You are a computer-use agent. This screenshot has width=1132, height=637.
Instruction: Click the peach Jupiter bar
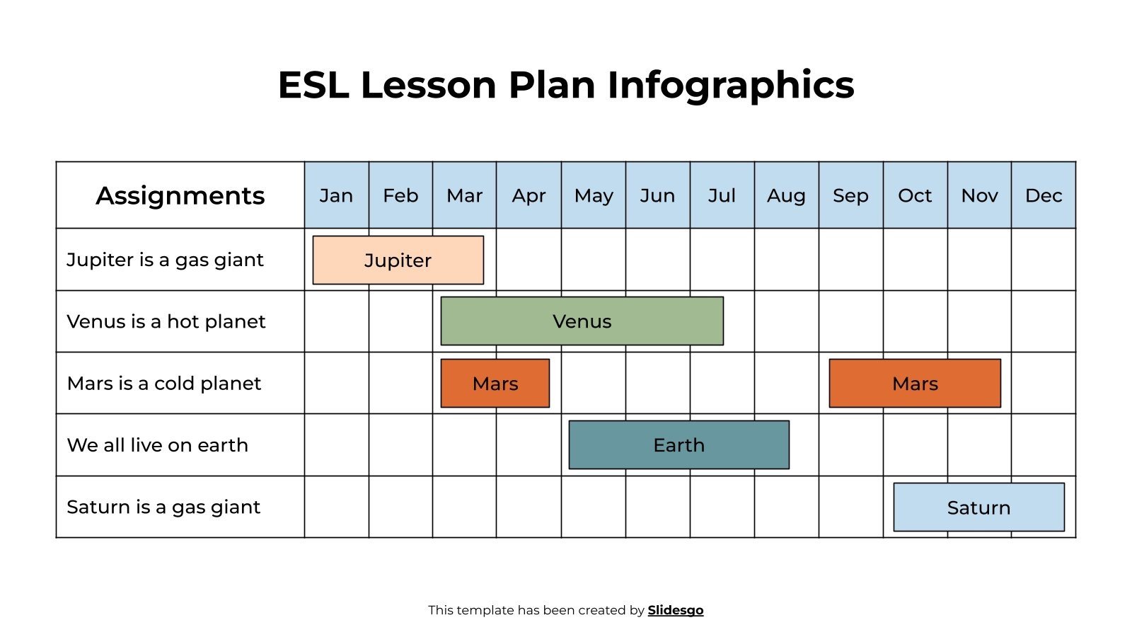pos(398,260)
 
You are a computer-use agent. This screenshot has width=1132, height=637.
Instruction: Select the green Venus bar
pos(582,321)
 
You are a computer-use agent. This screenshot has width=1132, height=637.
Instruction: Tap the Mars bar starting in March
pos(495,383)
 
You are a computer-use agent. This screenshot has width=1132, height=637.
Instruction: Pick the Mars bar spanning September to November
pos(914,383)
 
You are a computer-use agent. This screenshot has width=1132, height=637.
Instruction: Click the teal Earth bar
pos(678,444)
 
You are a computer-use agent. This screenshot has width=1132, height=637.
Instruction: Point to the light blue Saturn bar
pos(978,507)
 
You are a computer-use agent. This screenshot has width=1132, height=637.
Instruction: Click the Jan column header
pos(336,195)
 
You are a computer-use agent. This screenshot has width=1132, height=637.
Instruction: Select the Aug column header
pos(786,195)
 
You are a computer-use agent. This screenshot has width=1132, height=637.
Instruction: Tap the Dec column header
pos(1044,195)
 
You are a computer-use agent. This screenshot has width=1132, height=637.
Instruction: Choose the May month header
pos(594,195)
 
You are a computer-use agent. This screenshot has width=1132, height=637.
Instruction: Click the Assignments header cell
pos(180,195)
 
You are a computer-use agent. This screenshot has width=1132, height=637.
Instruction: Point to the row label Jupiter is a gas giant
pos(165,260)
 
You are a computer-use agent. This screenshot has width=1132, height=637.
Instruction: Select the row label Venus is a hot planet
pos(166,321)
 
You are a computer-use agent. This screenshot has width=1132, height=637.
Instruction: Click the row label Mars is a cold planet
pos(163,383)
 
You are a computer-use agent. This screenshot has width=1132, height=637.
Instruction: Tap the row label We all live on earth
pos(157,444)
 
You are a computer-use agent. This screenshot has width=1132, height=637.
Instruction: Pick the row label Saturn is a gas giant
pos(163,507)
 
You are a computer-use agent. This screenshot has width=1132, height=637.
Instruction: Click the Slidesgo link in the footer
pos(675,610)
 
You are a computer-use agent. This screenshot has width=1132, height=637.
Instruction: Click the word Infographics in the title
pos(730,85)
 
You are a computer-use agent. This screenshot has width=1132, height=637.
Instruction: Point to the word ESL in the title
pos(313,85)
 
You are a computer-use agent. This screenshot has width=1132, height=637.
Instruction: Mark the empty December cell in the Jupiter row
pos(1044,259)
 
